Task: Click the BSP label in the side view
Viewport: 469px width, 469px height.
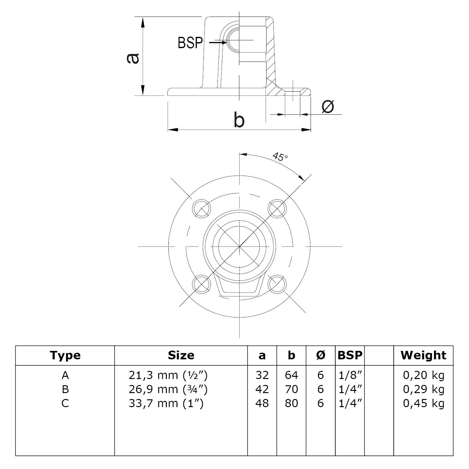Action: [190, 43]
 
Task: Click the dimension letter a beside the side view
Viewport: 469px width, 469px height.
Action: [133, 58]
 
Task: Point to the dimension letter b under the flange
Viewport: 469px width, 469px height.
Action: [239, 121]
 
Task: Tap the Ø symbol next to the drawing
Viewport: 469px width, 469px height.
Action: [328, 107]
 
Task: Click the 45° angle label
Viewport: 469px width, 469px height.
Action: [280, 157]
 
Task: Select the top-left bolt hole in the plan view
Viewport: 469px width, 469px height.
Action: [201, 208]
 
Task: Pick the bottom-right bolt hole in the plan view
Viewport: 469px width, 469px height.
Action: [277, 284]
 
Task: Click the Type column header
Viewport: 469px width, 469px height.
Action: [65, 355]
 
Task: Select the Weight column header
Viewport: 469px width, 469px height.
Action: [423, 355]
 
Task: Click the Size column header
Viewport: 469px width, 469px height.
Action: [181, 355]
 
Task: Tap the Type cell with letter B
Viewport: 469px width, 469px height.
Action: [65, 389]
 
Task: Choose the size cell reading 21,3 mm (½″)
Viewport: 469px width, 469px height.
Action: [168, 375]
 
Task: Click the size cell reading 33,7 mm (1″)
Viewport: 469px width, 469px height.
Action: [166, 403]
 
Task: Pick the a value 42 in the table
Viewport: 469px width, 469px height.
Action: [262, 389]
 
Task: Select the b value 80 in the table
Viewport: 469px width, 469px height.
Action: [291, 403]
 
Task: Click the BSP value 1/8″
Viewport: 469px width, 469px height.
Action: [350, 375]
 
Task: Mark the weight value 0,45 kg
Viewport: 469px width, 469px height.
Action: [423, 403]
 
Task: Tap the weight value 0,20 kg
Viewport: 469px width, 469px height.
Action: [423, 375]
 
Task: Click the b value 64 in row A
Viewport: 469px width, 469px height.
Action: [291, 375]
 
